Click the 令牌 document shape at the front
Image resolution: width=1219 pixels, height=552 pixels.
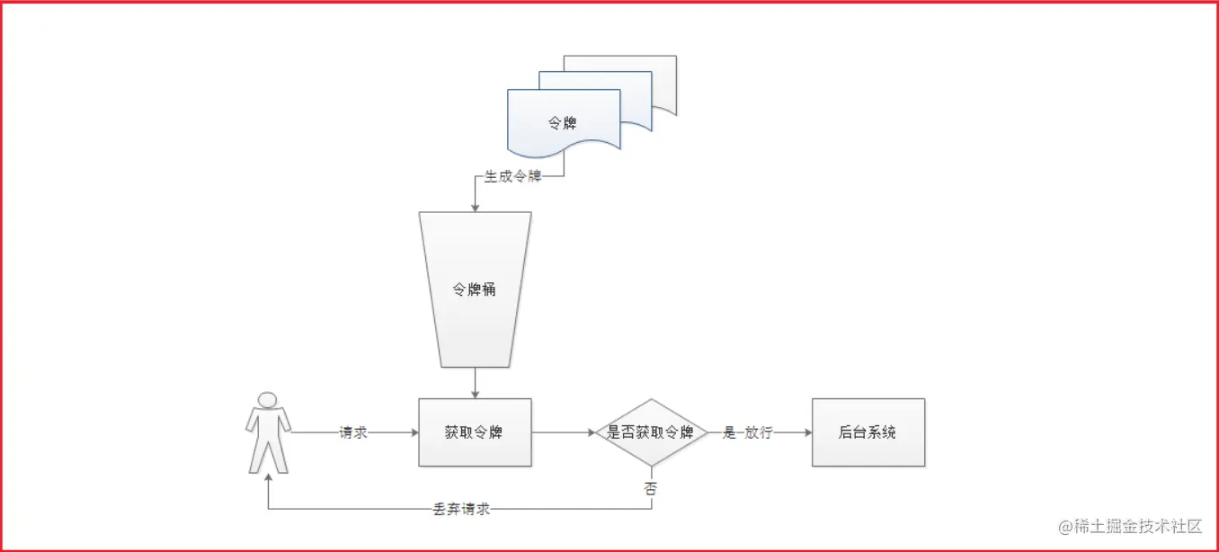[x=564, y=123]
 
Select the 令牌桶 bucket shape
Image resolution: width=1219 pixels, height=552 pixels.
[x=475, y=289]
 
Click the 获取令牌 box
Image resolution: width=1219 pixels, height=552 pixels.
[x=475, y=432]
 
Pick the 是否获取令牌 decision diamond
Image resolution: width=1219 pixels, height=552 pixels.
[x=652, y=432]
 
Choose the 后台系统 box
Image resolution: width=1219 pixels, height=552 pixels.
[x=868, y=432]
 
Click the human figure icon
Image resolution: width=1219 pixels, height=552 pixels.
[x=268, y=432]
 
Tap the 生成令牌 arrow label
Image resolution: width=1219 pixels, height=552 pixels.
[x=513, y=177]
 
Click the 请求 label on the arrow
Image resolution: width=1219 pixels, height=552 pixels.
[x=353, y=432]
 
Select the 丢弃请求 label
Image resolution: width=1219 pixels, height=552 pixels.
[x=461, y=509]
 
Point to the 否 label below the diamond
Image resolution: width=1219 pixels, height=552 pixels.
[x=651, y=489]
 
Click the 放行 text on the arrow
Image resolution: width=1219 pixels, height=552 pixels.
[x=759, y=432]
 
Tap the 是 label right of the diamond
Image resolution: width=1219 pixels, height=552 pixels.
[x=729, y=432]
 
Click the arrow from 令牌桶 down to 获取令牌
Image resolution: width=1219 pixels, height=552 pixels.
[x=475, y=382]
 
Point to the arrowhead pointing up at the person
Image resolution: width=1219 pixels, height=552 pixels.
[x=268, y=479]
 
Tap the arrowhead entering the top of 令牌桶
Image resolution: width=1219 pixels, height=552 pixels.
[x=475, y=207]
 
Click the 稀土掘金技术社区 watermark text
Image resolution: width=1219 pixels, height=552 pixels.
[x=1130, y=527]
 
